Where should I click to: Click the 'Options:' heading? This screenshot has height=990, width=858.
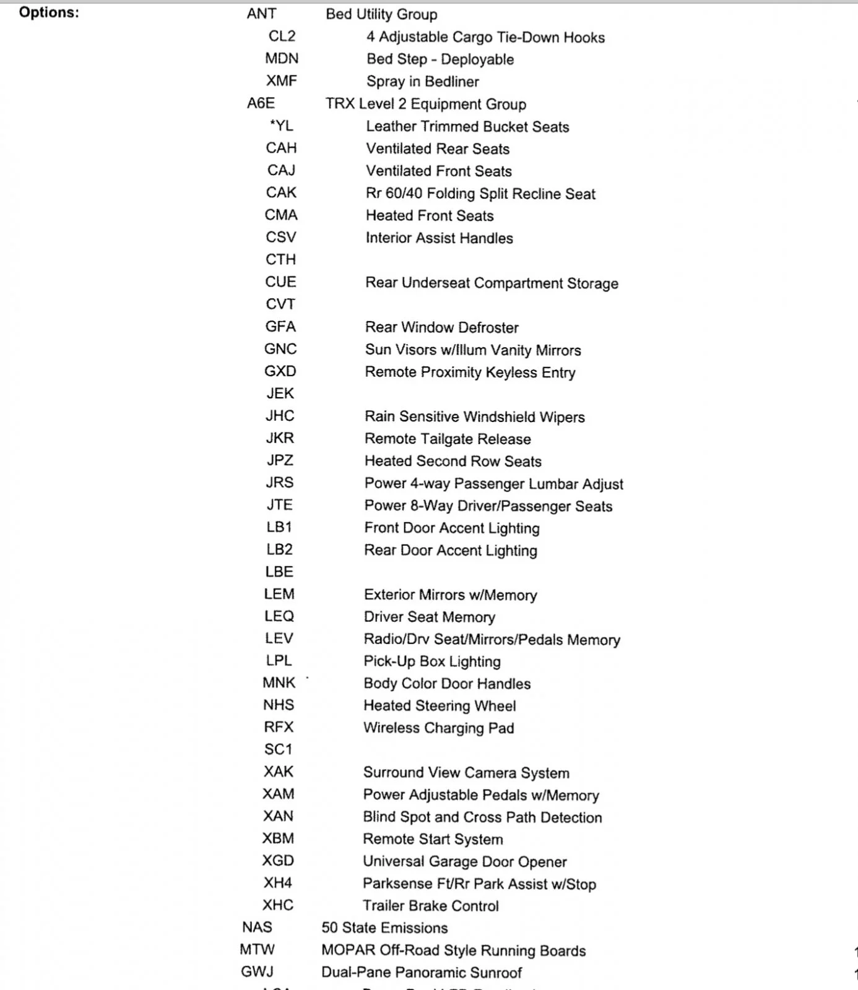point(49,12)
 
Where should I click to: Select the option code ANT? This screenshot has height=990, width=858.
point(261,14)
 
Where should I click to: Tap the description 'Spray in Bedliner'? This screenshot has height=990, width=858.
point(422,82)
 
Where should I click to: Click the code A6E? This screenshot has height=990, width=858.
point(261,103)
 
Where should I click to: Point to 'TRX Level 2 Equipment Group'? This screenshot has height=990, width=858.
point(426,104)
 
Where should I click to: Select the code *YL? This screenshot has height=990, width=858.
point(282,126)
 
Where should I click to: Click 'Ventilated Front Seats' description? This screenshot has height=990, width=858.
point(439,171)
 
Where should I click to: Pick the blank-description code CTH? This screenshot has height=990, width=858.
point(281,259)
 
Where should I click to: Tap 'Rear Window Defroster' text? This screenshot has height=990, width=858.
point(442,327)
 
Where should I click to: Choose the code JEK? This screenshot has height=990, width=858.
point(280,394)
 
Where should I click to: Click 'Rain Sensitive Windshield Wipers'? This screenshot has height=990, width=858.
point(475,417)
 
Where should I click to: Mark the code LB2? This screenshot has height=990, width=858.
point(279,549)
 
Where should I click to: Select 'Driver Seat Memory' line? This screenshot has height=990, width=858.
point(430,617)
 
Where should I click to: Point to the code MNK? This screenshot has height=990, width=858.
point(279,682)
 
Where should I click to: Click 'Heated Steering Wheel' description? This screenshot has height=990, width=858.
point(440,706)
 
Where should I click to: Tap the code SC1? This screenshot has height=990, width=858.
point(279,749)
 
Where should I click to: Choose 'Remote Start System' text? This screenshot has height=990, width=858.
point(433,840)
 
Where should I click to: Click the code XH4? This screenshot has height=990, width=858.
point(278,883)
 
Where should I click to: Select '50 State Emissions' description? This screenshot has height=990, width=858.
point(384,928)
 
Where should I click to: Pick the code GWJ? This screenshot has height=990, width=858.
point(257,972)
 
